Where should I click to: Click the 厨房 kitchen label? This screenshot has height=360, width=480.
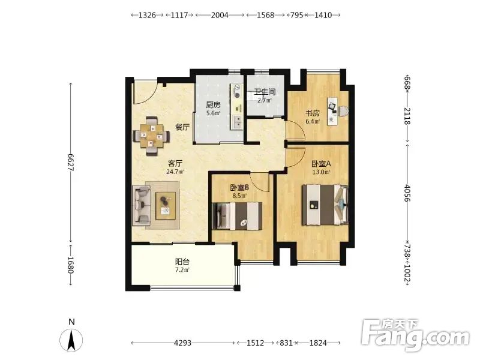213,105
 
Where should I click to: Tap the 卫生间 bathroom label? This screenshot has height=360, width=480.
265,92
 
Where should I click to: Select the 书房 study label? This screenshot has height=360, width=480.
313,113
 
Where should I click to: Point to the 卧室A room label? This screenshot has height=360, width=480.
321,164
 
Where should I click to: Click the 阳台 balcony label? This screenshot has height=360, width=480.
182,262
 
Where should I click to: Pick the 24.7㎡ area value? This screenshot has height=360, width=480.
175,172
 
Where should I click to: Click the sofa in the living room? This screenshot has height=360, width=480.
142,205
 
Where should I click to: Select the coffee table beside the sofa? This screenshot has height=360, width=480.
166,205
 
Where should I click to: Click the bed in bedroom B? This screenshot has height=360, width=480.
237,216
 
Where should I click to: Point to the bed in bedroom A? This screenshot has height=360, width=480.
325,205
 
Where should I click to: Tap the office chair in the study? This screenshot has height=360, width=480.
343,110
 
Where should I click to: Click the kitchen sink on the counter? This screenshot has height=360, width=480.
236,122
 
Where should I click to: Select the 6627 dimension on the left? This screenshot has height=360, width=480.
70,162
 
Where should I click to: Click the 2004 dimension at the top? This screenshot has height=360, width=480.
220,15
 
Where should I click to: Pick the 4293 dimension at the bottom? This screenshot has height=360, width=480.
183,343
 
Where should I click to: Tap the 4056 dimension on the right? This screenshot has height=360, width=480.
407,193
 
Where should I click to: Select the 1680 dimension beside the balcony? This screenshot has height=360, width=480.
70,265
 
